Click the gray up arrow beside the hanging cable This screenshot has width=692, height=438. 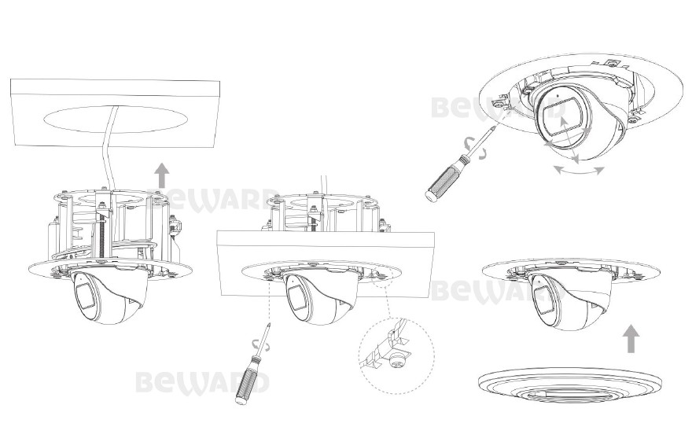[x=163, y=175]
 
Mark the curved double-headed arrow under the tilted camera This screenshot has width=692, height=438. [x=579, y=171]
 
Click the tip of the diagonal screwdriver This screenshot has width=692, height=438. [x=495, y=127]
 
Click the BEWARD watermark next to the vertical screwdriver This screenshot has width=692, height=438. [x=202, y=382]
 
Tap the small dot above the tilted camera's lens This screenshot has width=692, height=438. [x=557, y=95]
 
